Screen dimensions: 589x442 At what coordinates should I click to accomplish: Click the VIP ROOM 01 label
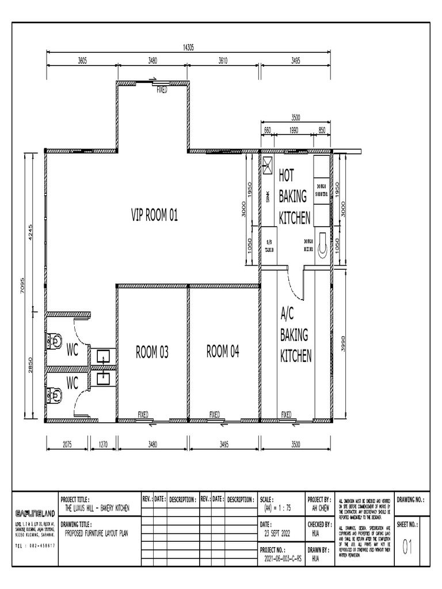click(x=154, y=216)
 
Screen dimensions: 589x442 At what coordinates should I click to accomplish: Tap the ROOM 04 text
click(x=223, y=351)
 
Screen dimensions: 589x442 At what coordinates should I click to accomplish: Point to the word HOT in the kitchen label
click(x=287, y=175)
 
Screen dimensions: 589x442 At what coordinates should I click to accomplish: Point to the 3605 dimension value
click(x=82, y=60)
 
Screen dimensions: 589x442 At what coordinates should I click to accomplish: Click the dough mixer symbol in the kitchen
click(x=323, y=243)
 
